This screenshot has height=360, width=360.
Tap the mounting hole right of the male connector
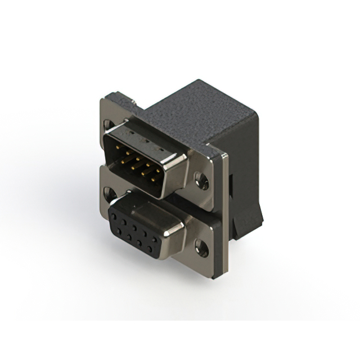point(200,180)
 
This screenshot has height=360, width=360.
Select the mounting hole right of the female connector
point(199,246)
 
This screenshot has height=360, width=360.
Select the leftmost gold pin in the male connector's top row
point(118,147)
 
